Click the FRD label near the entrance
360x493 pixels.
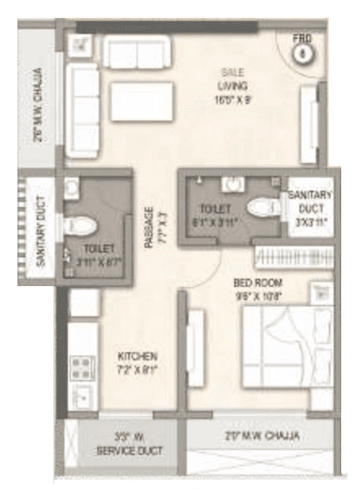point(302,38)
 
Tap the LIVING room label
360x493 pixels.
point(234,86)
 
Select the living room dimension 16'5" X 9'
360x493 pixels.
point(233,100)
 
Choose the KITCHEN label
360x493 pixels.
point(137,356)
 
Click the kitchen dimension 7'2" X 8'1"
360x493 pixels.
point(137,369)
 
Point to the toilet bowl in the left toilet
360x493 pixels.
point(82,226)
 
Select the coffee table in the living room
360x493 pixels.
point(142,102)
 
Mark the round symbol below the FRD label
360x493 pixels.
point(302,54)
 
